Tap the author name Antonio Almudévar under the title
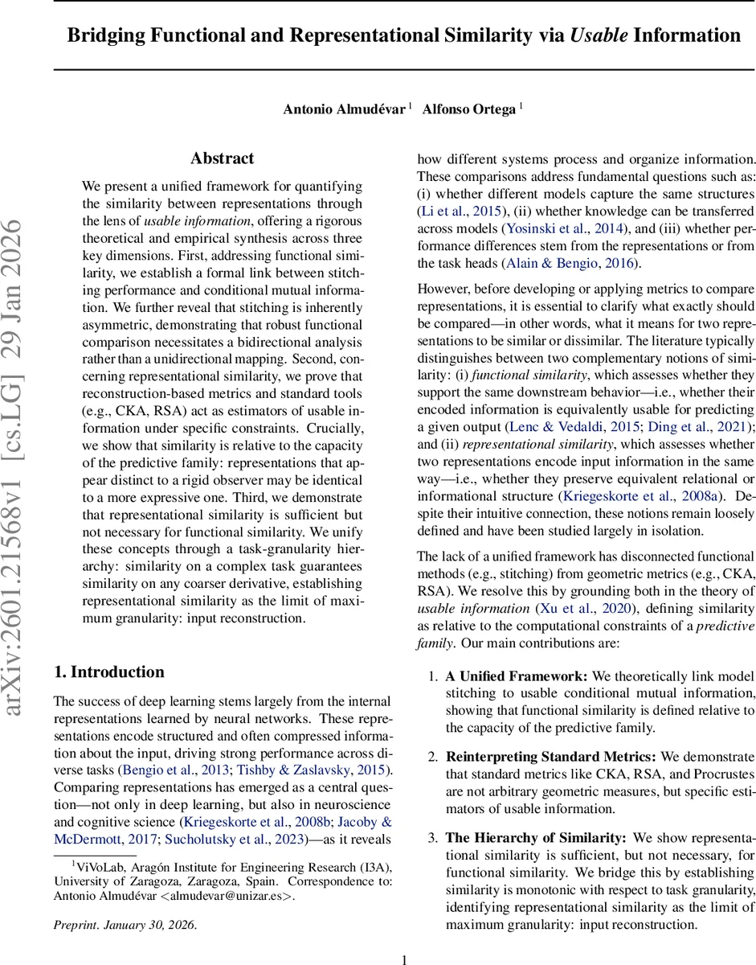344,109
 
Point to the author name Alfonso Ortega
468,109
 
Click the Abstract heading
222,158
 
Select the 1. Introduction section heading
108,672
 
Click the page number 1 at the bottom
405,959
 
